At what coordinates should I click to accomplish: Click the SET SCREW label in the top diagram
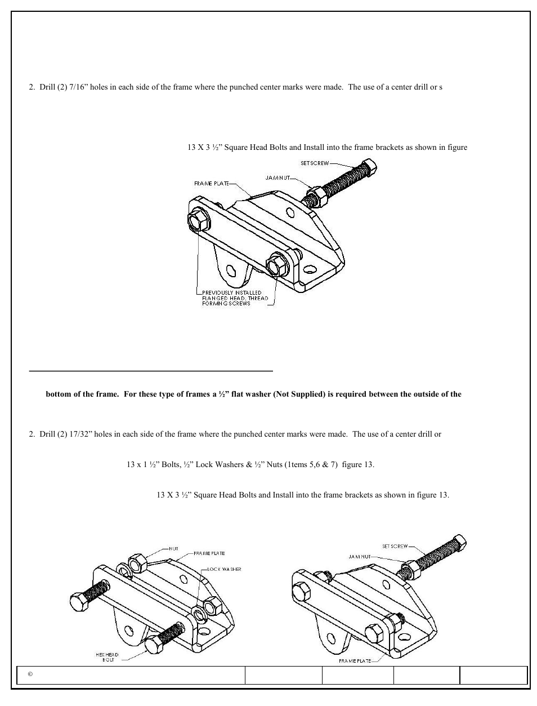pos(314,163)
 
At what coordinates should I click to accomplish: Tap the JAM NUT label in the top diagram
pos(278,177)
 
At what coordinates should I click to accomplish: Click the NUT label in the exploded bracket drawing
pos(174,548)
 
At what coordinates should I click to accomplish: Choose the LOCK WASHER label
pos(224,569)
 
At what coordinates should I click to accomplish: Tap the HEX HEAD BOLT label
pos(107,657)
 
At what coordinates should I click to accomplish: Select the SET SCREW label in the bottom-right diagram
pos(395,546)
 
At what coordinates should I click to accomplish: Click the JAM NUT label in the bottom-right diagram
pos(360,556)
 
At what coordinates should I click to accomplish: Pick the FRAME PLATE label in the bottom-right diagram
pos(355,660)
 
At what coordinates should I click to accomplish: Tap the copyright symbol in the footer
pos(30,674)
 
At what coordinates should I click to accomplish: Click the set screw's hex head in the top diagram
pos(369,166)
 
